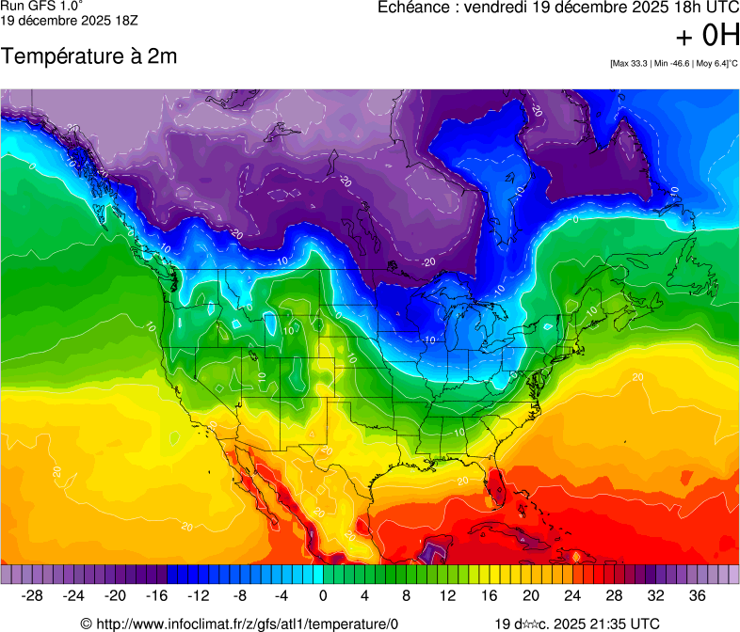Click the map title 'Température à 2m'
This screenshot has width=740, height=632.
pos(88,56)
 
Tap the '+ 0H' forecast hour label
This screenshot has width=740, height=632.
pos(708,36)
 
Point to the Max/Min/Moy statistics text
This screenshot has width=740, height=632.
pos(673,63)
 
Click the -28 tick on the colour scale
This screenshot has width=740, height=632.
pos(33,595)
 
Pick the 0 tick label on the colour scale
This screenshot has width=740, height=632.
pos(323,595)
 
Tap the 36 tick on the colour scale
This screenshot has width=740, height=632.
pos(697,595)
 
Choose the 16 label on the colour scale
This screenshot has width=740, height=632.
pos(490,595)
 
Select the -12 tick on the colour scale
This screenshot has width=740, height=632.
pos(199,595)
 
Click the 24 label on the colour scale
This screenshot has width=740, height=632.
pos(572,595)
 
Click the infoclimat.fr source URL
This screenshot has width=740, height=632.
pos(247,624)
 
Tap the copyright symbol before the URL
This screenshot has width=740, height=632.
pos(86,624)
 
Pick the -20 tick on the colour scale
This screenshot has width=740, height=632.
pos(116,595)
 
